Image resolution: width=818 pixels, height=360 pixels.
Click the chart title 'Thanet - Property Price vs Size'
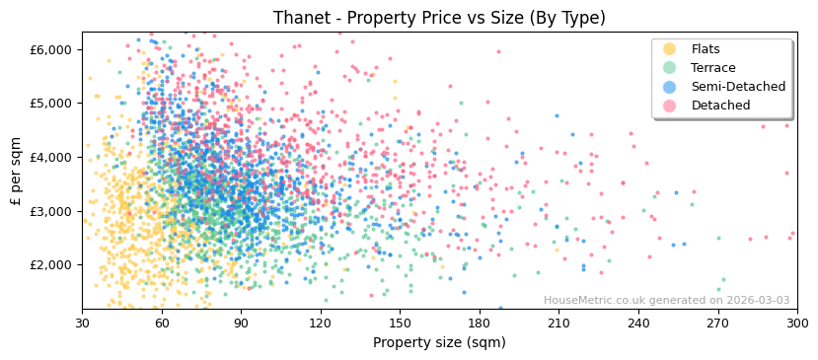point(439,18)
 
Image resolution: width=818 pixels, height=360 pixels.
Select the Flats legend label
point(705,49)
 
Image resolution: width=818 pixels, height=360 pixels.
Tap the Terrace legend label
point(712,68)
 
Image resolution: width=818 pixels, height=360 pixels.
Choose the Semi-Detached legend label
point(738,87)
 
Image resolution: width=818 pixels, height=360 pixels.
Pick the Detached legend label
point(720,106)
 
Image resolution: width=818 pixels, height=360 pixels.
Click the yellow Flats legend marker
point(670,49)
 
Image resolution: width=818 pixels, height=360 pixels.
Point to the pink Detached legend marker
point(670,106)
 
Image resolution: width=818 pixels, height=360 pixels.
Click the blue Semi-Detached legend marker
point(670,87)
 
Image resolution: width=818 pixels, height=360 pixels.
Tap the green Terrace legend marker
point(670,68)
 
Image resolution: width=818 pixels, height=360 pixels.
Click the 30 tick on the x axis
point(82,324)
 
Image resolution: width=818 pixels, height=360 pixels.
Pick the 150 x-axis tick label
point(400,324)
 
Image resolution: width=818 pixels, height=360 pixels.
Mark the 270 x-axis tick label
point(717,324)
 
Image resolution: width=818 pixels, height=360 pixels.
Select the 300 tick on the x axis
point(796,324)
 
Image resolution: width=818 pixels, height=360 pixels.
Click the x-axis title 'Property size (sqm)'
point(439,343)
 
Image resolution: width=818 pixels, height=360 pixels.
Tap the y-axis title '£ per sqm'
point(17,172)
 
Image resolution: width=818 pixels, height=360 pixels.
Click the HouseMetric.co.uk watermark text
point(666,301)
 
